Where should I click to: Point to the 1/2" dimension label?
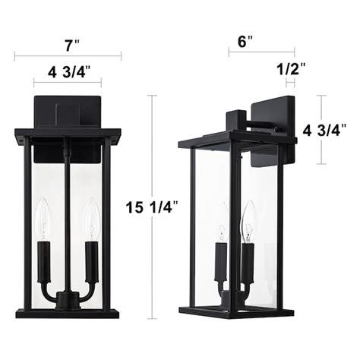(292, 68)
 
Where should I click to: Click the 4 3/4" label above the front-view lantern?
(69, 73)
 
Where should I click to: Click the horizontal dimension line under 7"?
(68, 55)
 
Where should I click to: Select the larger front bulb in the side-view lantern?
(247, 223)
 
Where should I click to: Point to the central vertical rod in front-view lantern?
(67, 213)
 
